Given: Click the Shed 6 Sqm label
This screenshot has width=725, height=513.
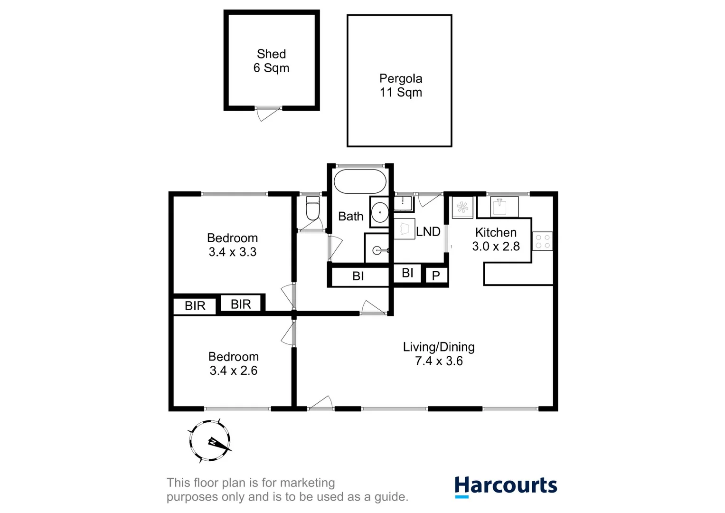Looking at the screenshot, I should (271, 61).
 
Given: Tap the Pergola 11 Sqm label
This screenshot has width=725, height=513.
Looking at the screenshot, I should (400, 85).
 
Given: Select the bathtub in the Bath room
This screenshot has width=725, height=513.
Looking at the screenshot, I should (360, 181).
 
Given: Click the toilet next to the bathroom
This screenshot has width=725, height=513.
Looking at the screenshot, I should (312, 210).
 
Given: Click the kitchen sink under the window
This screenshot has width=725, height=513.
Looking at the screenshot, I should (504, 207).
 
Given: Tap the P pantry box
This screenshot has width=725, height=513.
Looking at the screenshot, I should (436, 275).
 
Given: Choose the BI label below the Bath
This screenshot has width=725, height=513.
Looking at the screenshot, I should (358, 276).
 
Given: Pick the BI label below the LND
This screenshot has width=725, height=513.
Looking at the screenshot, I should (407, 273).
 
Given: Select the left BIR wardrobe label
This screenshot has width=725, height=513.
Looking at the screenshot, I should (195, 306).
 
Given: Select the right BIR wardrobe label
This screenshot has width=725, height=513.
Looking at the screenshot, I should (241, 304).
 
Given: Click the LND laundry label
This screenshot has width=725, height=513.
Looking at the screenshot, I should (428, 231).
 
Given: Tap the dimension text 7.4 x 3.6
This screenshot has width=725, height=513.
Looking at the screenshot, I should (439, 361).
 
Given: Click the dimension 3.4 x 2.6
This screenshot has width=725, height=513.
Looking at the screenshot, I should (233, 370).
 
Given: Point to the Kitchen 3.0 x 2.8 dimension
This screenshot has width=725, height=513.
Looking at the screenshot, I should (496, 246).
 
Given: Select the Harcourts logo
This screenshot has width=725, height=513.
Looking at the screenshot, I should (505, 486).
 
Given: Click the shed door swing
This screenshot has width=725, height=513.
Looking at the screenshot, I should (267, 114).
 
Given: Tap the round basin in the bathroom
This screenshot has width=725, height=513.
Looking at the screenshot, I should (380, 212).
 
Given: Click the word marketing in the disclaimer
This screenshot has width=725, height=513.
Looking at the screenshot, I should (307, 483).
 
